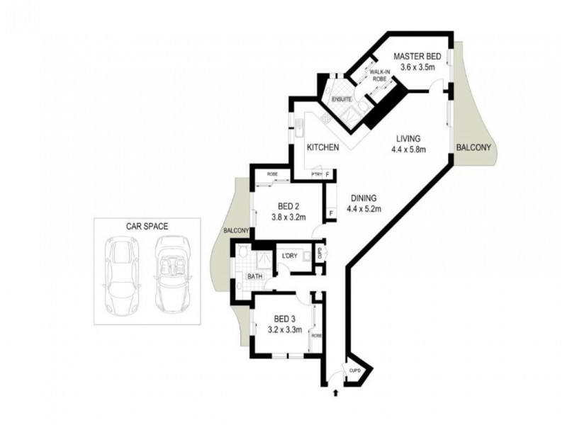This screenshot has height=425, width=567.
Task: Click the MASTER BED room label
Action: click(417, 57)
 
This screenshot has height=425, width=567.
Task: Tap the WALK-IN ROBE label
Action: click(376, 76)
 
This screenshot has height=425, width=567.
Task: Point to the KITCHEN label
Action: click(322, 148)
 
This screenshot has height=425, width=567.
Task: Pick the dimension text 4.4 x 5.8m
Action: click(407, 149)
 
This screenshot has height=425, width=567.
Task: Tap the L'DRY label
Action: click(289, 256)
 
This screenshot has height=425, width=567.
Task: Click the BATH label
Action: click(255, 277)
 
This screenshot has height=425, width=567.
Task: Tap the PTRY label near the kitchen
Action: click(317, 174)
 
